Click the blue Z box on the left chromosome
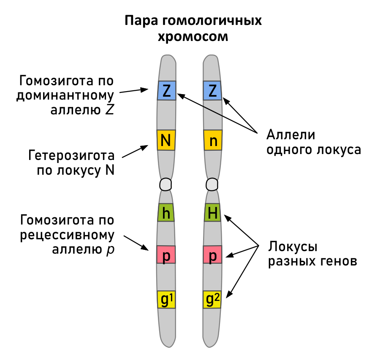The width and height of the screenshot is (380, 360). [x=166, y=90]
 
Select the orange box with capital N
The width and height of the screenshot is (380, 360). [x=166, y=140]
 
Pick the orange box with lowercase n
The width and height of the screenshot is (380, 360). [x=213, y=140]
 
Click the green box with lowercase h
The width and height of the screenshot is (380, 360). [x=166, y=213]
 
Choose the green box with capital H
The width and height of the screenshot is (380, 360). [x=213, y=213]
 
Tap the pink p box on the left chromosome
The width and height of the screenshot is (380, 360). [x=166, y=254]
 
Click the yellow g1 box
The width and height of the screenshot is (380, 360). [x=166, y=300]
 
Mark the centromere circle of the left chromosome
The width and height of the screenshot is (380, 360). [x=166, y=184]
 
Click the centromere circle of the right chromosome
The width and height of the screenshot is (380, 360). [x=212, y=184]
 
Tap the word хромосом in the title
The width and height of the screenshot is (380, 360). [x=193, y=37]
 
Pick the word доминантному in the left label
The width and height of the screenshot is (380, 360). [x=65, y=95]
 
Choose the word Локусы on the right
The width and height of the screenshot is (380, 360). [x=293, y=246]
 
